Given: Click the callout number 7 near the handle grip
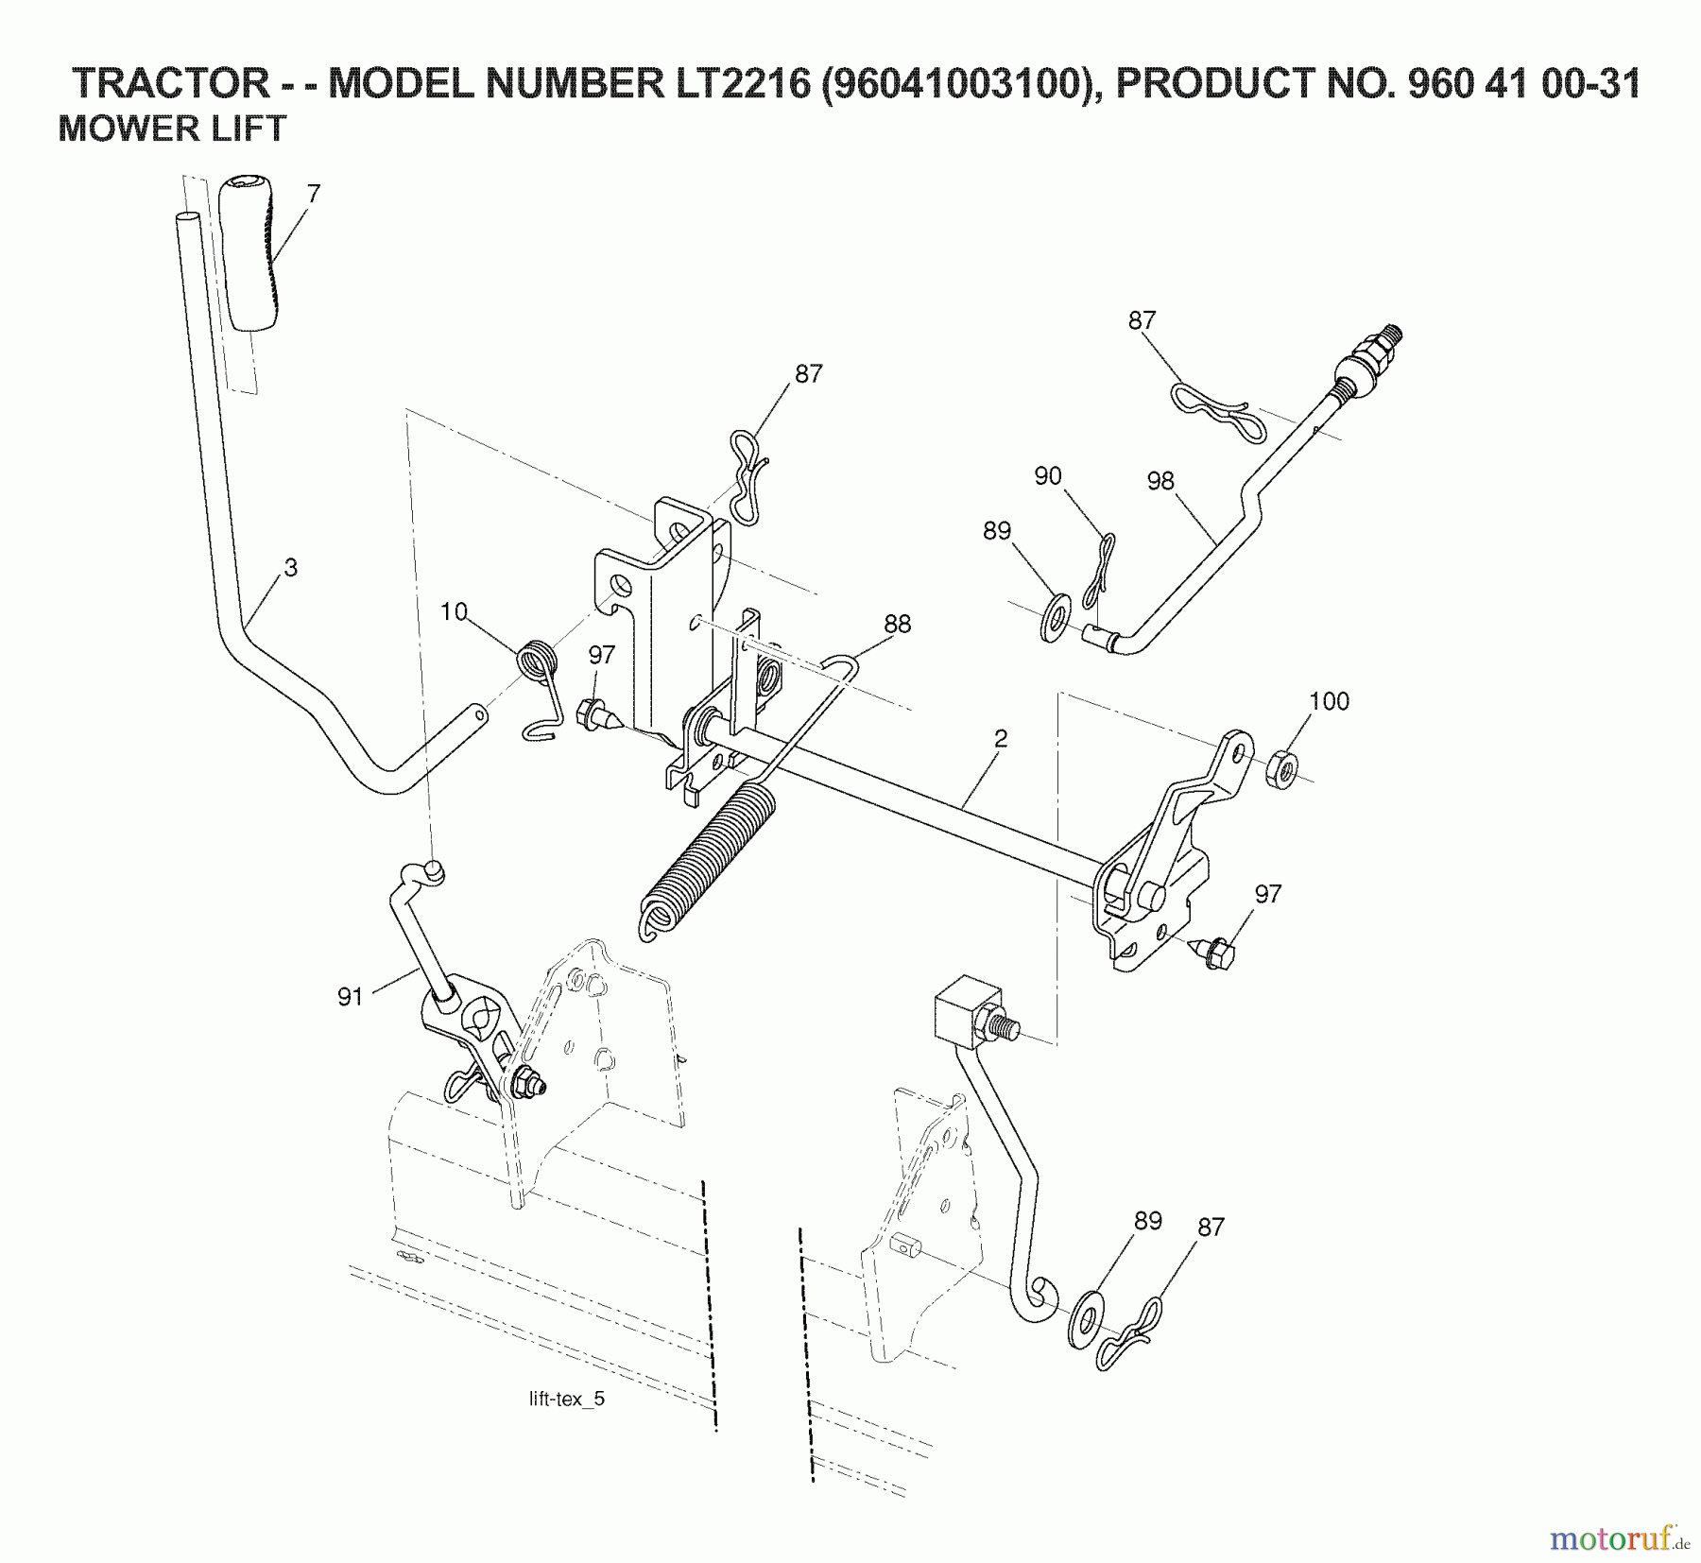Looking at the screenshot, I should point(314,194).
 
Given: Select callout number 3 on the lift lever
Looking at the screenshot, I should point(290,568).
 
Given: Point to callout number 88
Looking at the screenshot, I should point(897,624).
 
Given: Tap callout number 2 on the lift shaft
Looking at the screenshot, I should point(1001,738).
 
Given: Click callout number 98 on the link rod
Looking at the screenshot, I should point(1160,481).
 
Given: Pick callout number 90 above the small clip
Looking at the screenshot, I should point(1048,476).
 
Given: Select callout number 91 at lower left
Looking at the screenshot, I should point(351,998).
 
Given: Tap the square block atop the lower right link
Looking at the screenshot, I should point(967,1009).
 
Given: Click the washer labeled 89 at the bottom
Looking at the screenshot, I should point(1090,1321).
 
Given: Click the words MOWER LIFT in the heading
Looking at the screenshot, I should point(172,129).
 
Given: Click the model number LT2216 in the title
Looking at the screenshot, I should point(741,84).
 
